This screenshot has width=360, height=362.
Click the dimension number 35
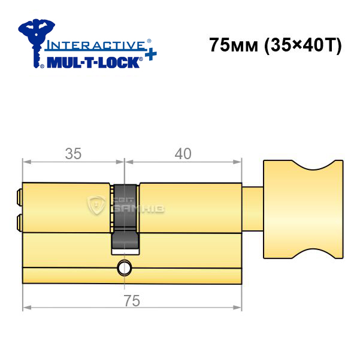(73, 154)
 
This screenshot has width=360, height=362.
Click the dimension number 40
(183, 154)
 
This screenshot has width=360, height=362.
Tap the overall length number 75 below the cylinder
(132, 301)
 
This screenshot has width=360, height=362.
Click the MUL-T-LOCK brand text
(93, 62)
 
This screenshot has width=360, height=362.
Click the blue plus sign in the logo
(150, 54)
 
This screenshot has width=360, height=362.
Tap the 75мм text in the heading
(234, 45)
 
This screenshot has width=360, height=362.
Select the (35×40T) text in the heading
(303, 45)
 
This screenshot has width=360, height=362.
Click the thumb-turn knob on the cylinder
(303, 209)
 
